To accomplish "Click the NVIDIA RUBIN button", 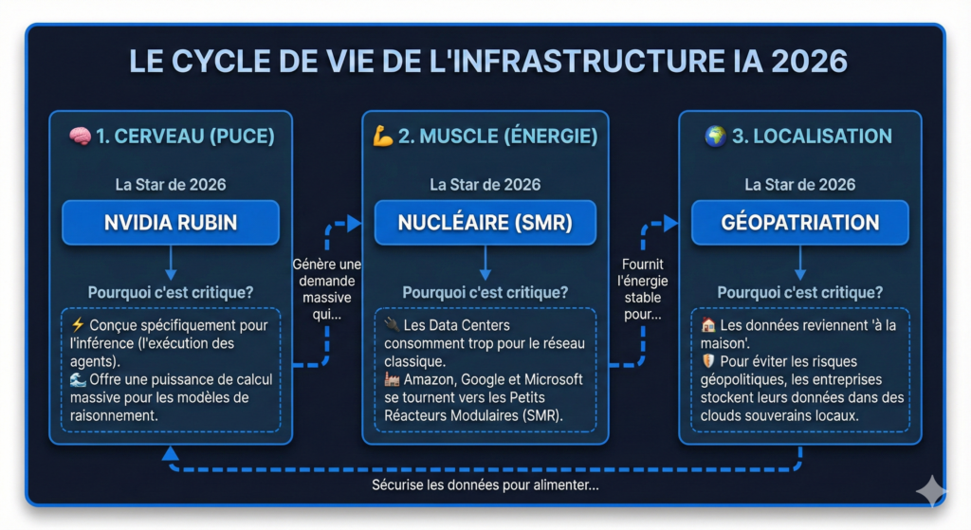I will [171, 223].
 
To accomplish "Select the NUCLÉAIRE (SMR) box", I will [485, 223].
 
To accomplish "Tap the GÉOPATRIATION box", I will [799, 223].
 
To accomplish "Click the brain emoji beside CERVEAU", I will [81, 137].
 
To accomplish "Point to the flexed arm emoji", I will [383, 137].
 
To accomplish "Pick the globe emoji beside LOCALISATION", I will [715, 137].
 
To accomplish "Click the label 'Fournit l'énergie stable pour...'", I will [643, 288].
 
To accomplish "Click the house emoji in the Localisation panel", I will [707, 325].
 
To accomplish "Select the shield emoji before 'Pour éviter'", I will [707, 361].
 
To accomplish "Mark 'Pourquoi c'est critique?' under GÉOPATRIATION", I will [799, 292].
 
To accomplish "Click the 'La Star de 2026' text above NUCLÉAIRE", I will [485, 185].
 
